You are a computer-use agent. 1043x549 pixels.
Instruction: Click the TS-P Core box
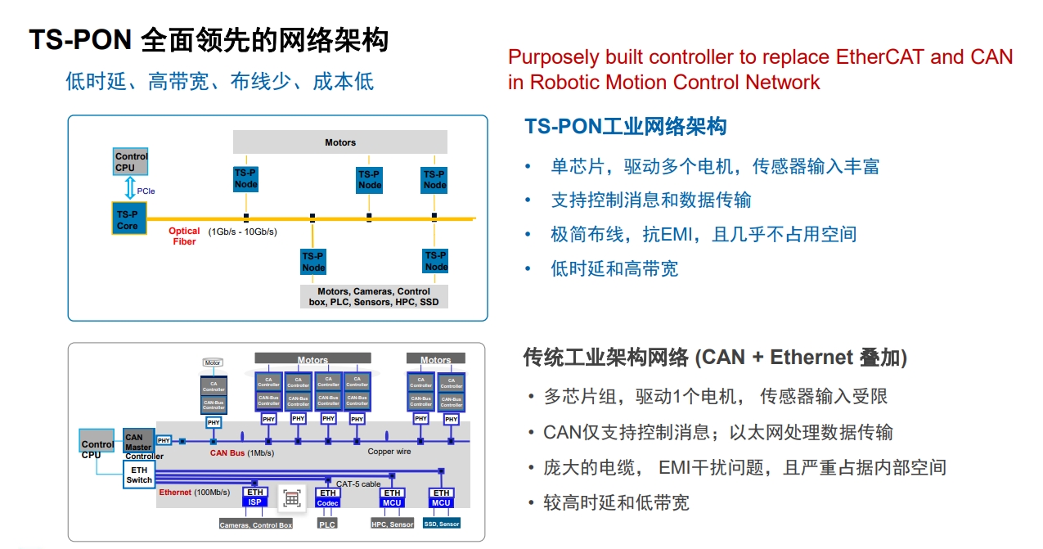pyautogui.click(x=128, y=220)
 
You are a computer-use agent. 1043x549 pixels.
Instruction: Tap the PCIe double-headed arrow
pyautogui.click(x=128, y=190)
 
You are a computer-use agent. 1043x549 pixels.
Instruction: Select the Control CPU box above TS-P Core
pyautogui.click(x=131, y=161)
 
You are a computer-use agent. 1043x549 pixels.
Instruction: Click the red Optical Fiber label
pyautogui.click(x=184, y=236)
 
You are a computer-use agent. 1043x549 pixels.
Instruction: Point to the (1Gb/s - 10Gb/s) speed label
pyautogui.click(x=243, y=232)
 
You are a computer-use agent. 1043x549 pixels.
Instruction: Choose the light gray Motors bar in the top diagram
pyautogui.click(x=340, y=142)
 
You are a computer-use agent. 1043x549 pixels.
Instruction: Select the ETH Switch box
pyautogui.click(x=139, y=475)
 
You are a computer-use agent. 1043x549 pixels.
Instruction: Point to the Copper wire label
pyautogui.click(x=389, y=452)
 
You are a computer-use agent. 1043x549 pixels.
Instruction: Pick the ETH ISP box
pyautogui.click(x=255, y=497)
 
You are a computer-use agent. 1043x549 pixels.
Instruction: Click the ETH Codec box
pyautogui.click(x=328, y=497)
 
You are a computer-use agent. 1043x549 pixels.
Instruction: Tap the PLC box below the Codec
pyautogui.click(x=327, y=524)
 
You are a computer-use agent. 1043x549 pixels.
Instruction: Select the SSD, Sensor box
pyautogui.click(x=441, y=524)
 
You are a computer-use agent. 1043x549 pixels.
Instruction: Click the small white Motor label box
pyautogui.click(x=213, y=362)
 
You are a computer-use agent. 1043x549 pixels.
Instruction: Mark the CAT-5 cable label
pyautogui.click(x=358, y=484)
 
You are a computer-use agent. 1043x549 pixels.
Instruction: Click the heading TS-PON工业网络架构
pyautogui.click(x=625, y=127)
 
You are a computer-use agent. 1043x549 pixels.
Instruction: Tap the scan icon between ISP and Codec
pyautogui.click(x=292, y=498)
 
